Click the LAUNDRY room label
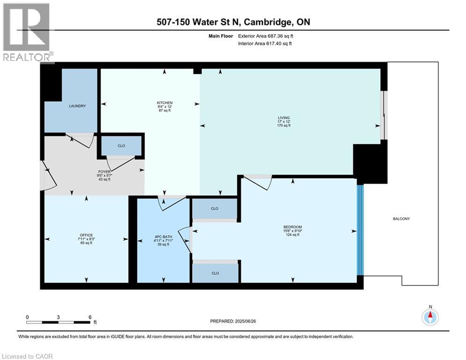click(77, 106)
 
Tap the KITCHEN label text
click(165, 103)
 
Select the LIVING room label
click(283, 118)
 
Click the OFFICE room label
click(86, 235)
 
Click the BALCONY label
click(401, 218)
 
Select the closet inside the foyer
click(121, 146)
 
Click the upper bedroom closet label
click(215, 209)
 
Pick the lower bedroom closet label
click(215, 273)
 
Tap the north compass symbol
click(429, 317)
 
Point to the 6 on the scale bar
click(89, 317)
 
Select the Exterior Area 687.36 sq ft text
click(265, 36)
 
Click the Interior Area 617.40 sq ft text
click(265, 44)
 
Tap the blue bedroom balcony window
click(360, 230)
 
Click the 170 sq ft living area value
click(283, 126)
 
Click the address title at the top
click(232, 22)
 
